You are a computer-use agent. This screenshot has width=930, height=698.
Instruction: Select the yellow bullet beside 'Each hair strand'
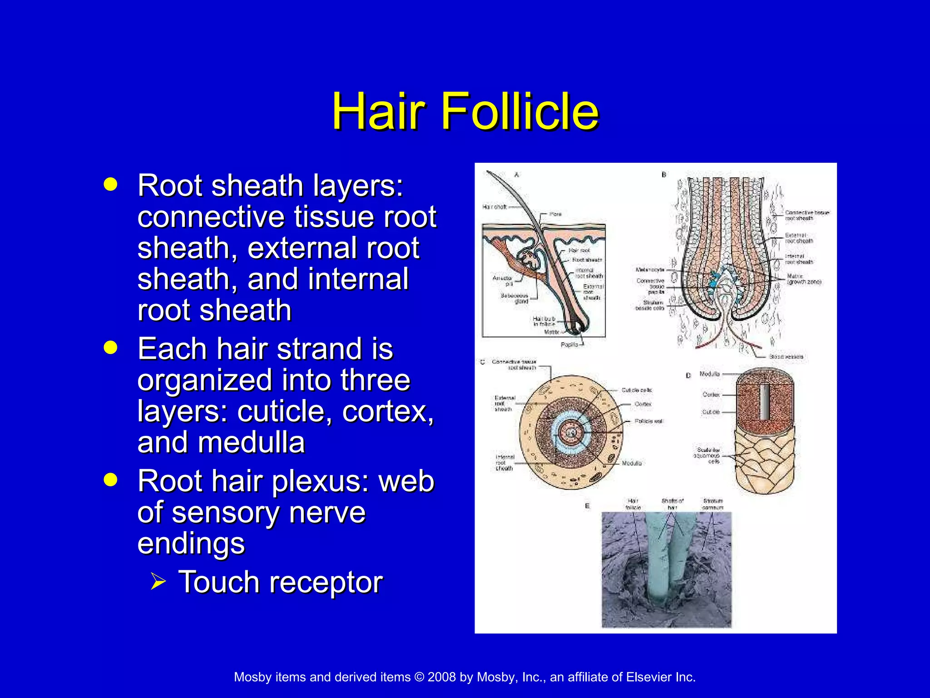[110, 348]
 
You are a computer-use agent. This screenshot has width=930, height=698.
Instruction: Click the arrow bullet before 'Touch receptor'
[158, 581]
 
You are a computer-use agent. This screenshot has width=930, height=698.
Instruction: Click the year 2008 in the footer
[441, 677]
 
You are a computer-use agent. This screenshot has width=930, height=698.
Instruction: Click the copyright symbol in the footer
[419, 677]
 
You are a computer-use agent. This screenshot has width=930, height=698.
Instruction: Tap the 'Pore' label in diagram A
[555, 214]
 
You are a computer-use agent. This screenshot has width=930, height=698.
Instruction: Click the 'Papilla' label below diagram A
[569, 344]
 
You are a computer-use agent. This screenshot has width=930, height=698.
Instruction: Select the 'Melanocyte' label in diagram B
[650, 270]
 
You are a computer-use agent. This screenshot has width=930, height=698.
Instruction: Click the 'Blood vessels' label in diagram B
[786, 357]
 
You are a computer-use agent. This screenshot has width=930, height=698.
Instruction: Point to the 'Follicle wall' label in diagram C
[649, 421]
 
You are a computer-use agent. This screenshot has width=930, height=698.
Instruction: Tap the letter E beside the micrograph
[587, 506]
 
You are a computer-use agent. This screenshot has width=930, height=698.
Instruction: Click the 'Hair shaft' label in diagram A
[494, 207]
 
